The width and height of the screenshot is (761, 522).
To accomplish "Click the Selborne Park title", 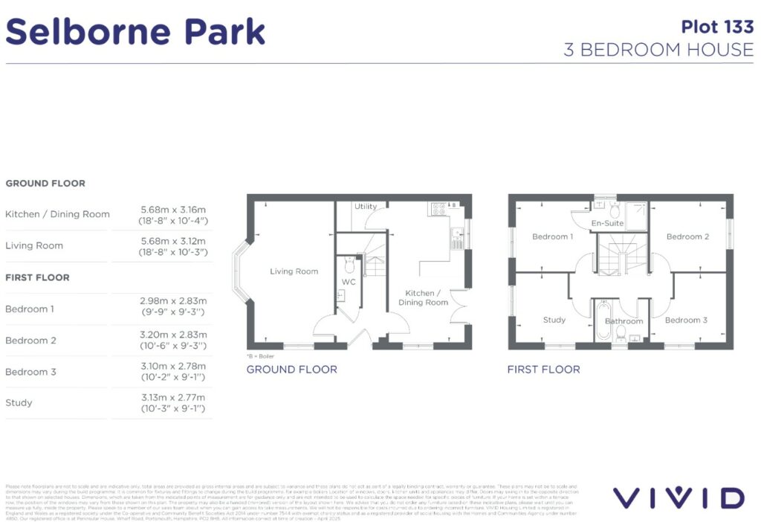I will click(x=136, y=32).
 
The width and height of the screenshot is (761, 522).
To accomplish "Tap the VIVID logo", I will click(x=678, y=497).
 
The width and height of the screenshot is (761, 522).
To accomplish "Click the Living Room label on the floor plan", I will click(x=294, y=271).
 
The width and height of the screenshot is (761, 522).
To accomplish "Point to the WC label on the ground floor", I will click(x=349, y=283).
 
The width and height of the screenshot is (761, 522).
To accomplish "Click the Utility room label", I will click(x=366, y=207).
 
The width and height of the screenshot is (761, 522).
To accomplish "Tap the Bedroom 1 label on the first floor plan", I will click(x=552, y=236).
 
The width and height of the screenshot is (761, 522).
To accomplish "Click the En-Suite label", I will click(x=607, y=223).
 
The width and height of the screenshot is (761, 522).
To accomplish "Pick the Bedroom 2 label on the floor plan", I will click(x=687, y=236).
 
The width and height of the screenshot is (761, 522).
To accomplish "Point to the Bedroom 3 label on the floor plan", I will click(x=686, y=320).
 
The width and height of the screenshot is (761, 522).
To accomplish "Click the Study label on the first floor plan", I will click(x=554, y=320).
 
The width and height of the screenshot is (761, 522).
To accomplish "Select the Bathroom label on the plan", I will click(x=624, y=321).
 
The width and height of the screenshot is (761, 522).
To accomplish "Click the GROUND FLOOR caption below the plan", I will click(x=291, y=370).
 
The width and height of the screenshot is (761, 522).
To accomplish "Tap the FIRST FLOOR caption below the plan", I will click(x=543, y=370).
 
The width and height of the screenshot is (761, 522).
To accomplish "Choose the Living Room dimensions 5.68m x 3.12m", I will click(x=173, y=246).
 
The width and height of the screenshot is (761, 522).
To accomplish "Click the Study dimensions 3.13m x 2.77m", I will click(x=173, y=403).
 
